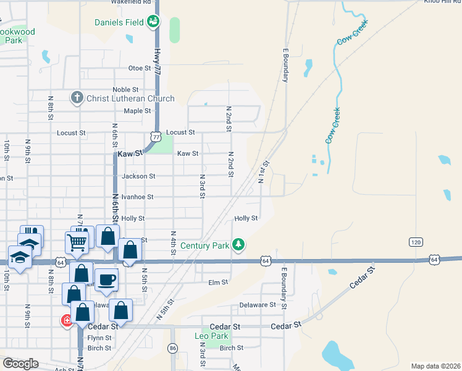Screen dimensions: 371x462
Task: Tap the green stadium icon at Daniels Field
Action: (x=153, y=23)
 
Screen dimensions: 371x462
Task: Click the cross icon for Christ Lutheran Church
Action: (x=77, y=98)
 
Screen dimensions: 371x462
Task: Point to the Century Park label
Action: (x=205, y=245)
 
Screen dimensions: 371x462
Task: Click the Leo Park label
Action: (x=212, y=336)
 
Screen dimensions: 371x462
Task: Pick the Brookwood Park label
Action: (x=16, y=36)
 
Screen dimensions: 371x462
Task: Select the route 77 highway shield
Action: (x=156, y=135)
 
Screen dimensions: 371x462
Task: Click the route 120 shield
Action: (x=414, y=242)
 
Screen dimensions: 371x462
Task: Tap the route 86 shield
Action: (x=173, y=348)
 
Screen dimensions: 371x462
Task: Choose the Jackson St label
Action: (x=138, y=176)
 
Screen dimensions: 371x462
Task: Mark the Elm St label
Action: (x=219, y=282)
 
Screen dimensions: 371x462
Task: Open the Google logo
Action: (x=20, y=364)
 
